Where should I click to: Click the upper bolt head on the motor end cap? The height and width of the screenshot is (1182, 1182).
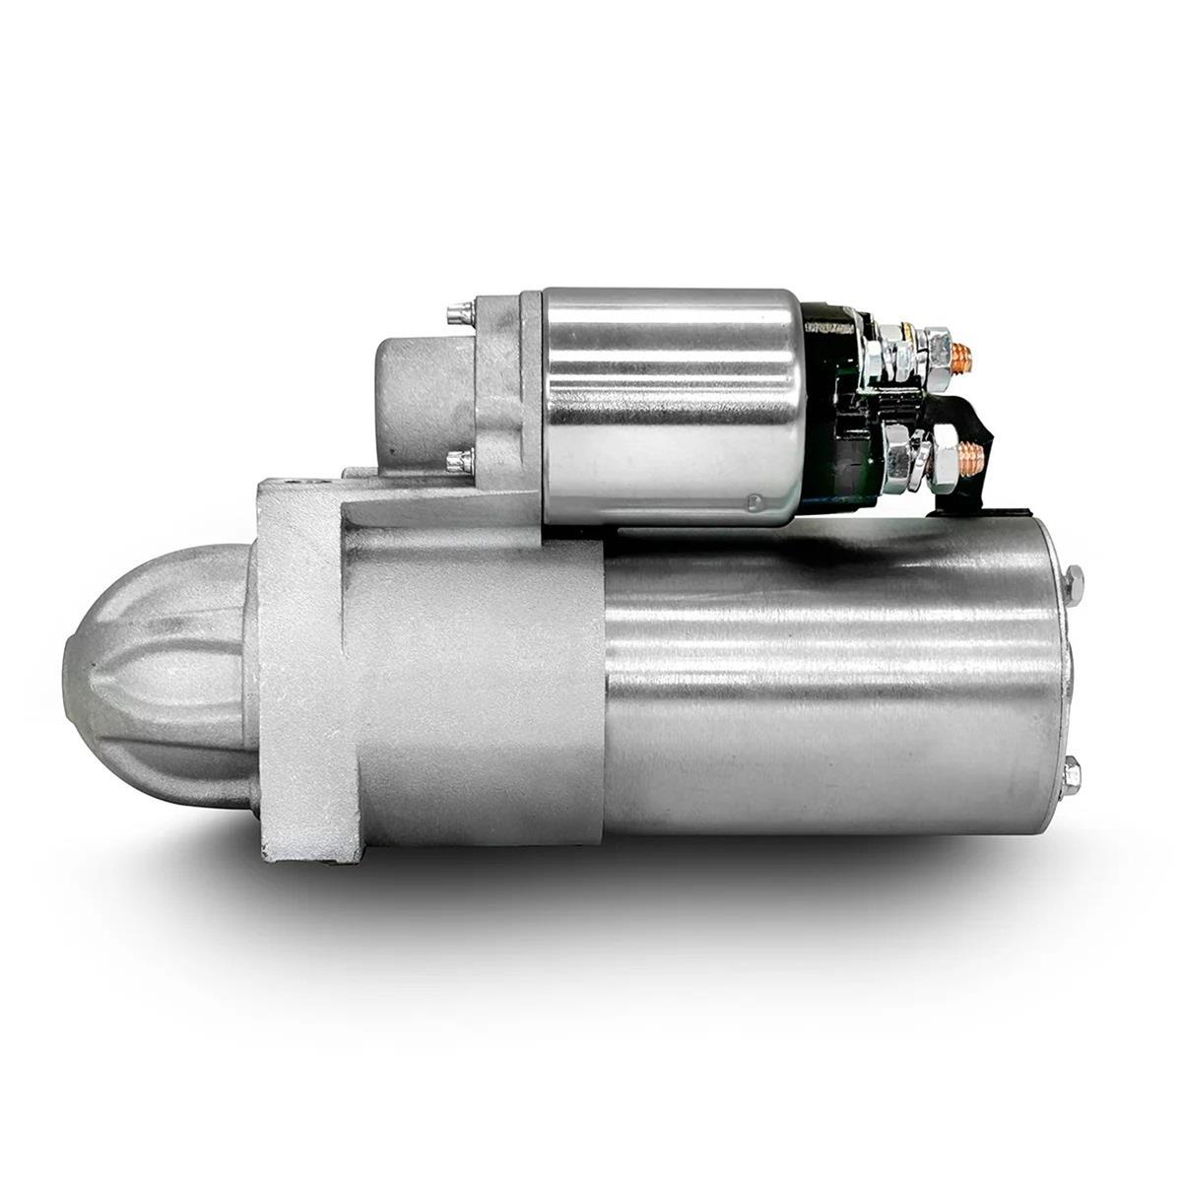[1074, 581]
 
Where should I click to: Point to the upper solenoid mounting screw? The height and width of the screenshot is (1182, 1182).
[456, 314]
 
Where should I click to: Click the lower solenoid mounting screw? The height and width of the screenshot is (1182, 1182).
[456, 460]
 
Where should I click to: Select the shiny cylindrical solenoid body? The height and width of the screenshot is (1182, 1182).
[670, 404]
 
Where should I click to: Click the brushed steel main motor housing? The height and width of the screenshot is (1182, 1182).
[827, 689]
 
